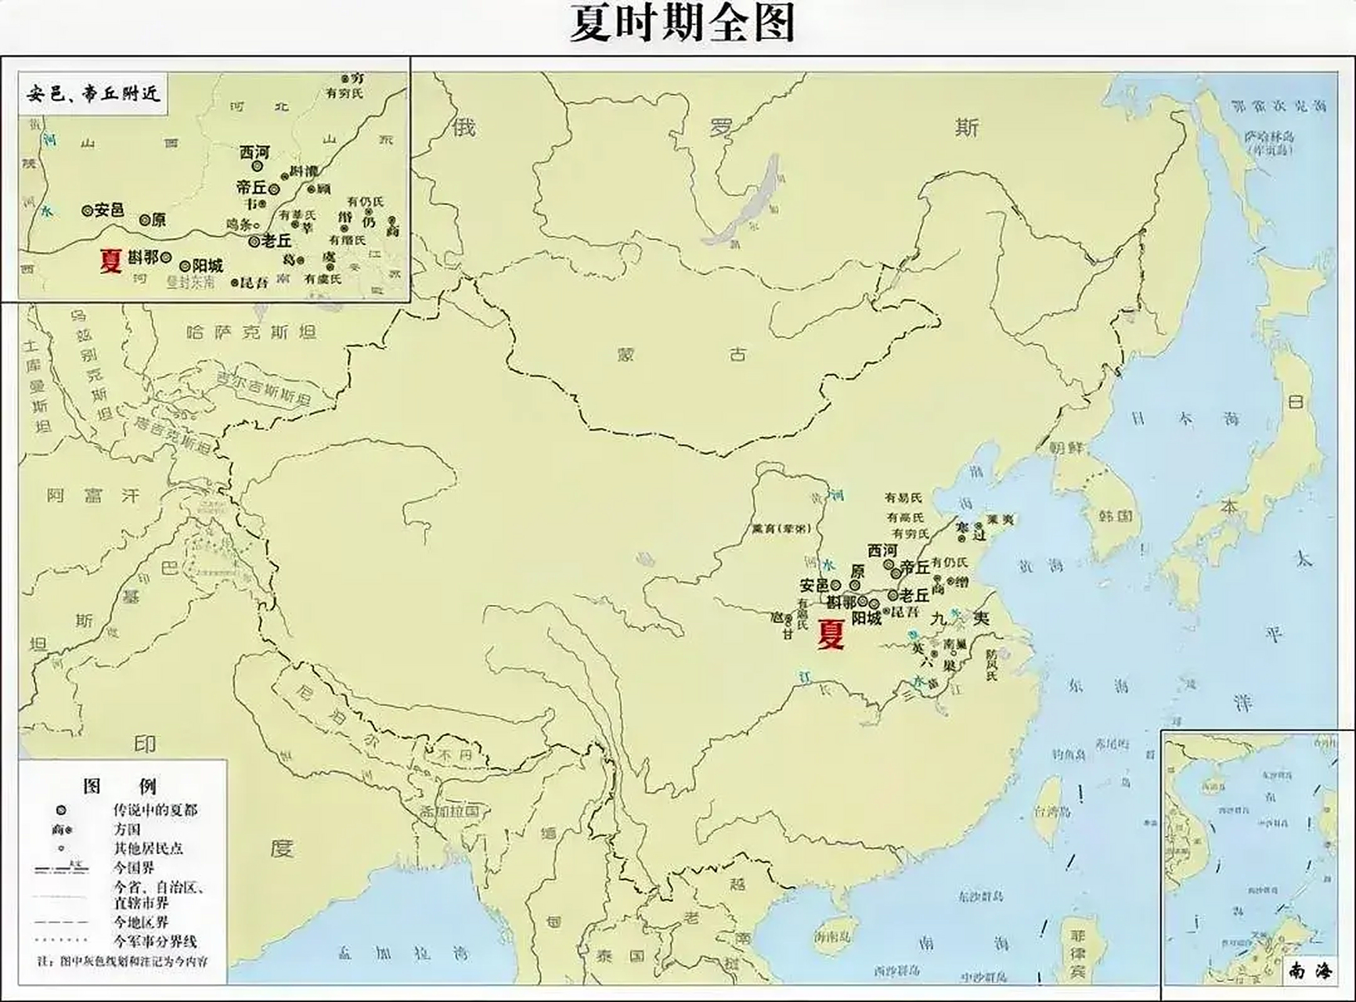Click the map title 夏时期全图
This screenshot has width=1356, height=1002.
coord(681,23)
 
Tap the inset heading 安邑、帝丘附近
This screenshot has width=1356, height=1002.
coord(93,94)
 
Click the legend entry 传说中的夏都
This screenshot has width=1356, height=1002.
coord(155,810)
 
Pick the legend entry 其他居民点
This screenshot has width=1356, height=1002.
coord(148,848)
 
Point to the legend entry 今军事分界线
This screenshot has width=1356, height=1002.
coord(155,942)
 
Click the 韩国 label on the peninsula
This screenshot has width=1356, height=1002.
coord(1116,516)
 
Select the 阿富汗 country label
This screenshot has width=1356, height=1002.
coord(92,496)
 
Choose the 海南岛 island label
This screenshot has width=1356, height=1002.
coord(832,936)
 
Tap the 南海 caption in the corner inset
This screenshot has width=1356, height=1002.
coord(1309,971)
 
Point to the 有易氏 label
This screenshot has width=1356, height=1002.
coord(903,498)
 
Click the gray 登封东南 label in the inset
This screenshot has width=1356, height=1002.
coord(190,282)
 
